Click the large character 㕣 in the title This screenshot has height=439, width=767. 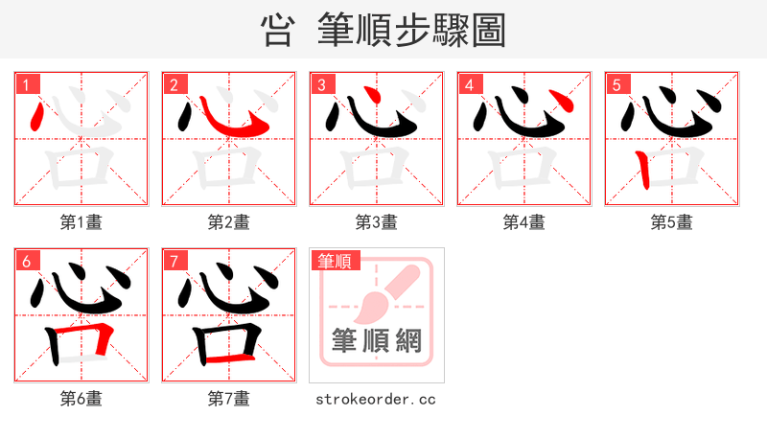point(276,31)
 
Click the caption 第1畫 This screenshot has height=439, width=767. point(81,222)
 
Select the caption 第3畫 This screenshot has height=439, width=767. point(376,222)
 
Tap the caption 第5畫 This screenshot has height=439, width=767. point(671,222)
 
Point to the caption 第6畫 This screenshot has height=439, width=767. point(81,399)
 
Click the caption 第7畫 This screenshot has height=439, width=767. point(229,399)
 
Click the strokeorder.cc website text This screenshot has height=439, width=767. point(376,399)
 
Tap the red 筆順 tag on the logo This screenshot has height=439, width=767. point(334,261)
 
